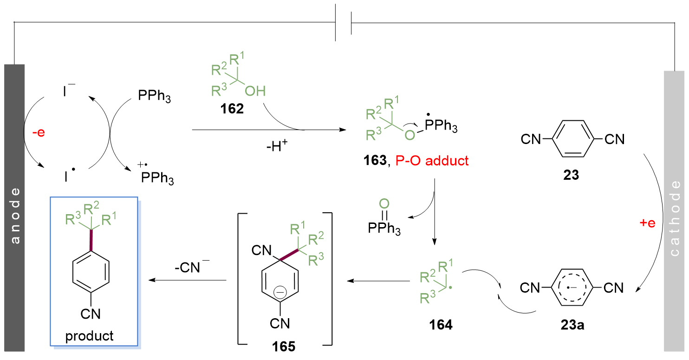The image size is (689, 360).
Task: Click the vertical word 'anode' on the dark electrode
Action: click(x=15, y=216)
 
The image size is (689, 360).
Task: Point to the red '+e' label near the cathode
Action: click(x=647, y=223)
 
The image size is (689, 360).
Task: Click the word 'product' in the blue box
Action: click(x=90, y=335)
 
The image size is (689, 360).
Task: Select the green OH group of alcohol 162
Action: click(x=255, y=91)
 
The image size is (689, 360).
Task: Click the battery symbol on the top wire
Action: click(x=344, y=22)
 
